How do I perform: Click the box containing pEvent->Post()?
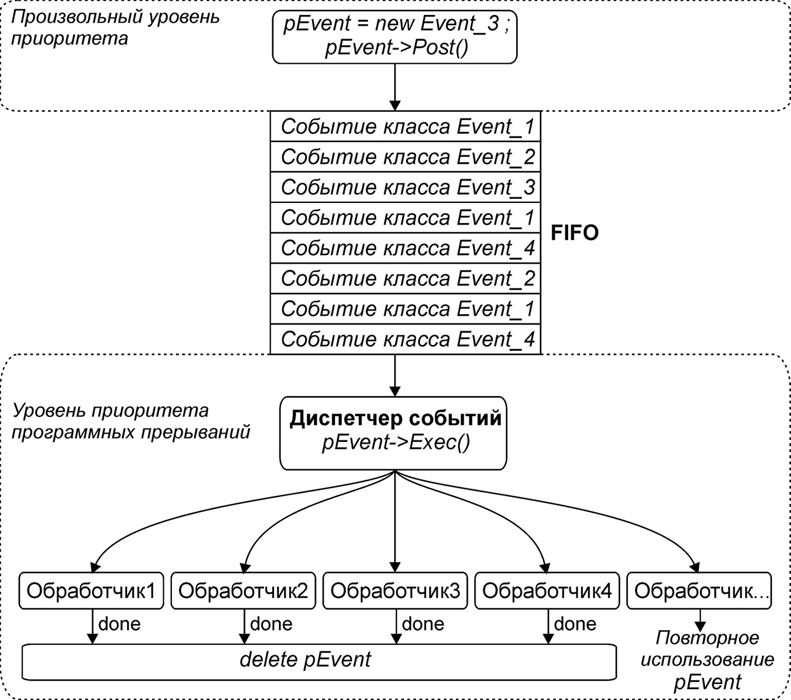[x=395, y=36]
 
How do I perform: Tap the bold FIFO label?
[x=574, y=233]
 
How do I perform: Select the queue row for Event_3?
[x=405, y=187]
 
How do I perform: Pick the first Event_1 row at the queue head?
[x=405, y=127]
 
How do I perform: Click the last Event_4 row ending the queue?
[x=405, y=339]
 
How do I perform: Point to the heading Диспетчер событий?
[x=395, y=419]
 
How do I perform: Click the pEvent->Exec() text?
[x=395, y=444]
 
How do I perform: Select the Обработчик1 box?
[x=91, y=590]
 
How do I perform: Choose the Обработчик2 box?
[x=243, y=590]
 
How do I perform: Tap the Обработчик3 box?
[x=395, y=590]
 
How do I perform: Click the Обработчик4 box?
[x=547, y=590]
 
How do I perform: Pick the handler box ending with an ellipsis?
[x=699, y=590]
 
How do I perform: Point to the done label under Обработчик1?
[x=119, y=624]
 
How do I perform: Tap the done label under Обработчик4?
[x=574, y=624]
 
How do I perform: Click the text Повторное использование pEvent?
[x=707, y=660]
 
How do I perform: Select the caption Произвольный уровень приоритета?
[x=115, y=27]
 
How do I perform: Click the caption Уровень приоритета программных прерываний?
[x=131, y=421]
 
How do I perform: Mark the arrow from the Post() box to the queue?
[x=395, y=86]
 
